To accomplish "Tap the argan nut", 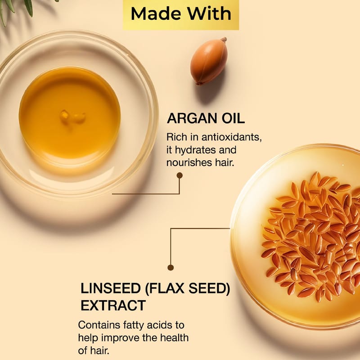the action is coord(209,61).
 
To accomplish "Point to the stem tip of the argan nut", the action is coord(224,39).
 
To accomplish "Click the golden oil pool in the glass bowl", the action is coord(70,112).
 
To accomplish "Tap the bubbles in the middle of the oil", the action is coord(72,117).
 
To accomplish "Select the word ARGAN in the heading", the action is coord(192,118).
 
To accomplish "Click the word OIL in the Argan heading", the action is coord(233,118).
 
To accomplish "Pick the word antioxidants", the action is coord(231,137).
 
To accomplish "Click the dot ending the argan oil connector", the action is coord(180,175).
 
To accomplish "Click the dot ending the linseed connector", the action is coord(171,267).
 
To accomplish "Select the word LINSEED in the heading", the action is coord(111,288).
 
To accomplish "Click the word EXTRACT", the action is coord(113,306).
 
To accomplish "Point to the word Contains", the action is coord(99,325).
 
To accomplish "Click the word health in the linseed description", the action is coord(174,338).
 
